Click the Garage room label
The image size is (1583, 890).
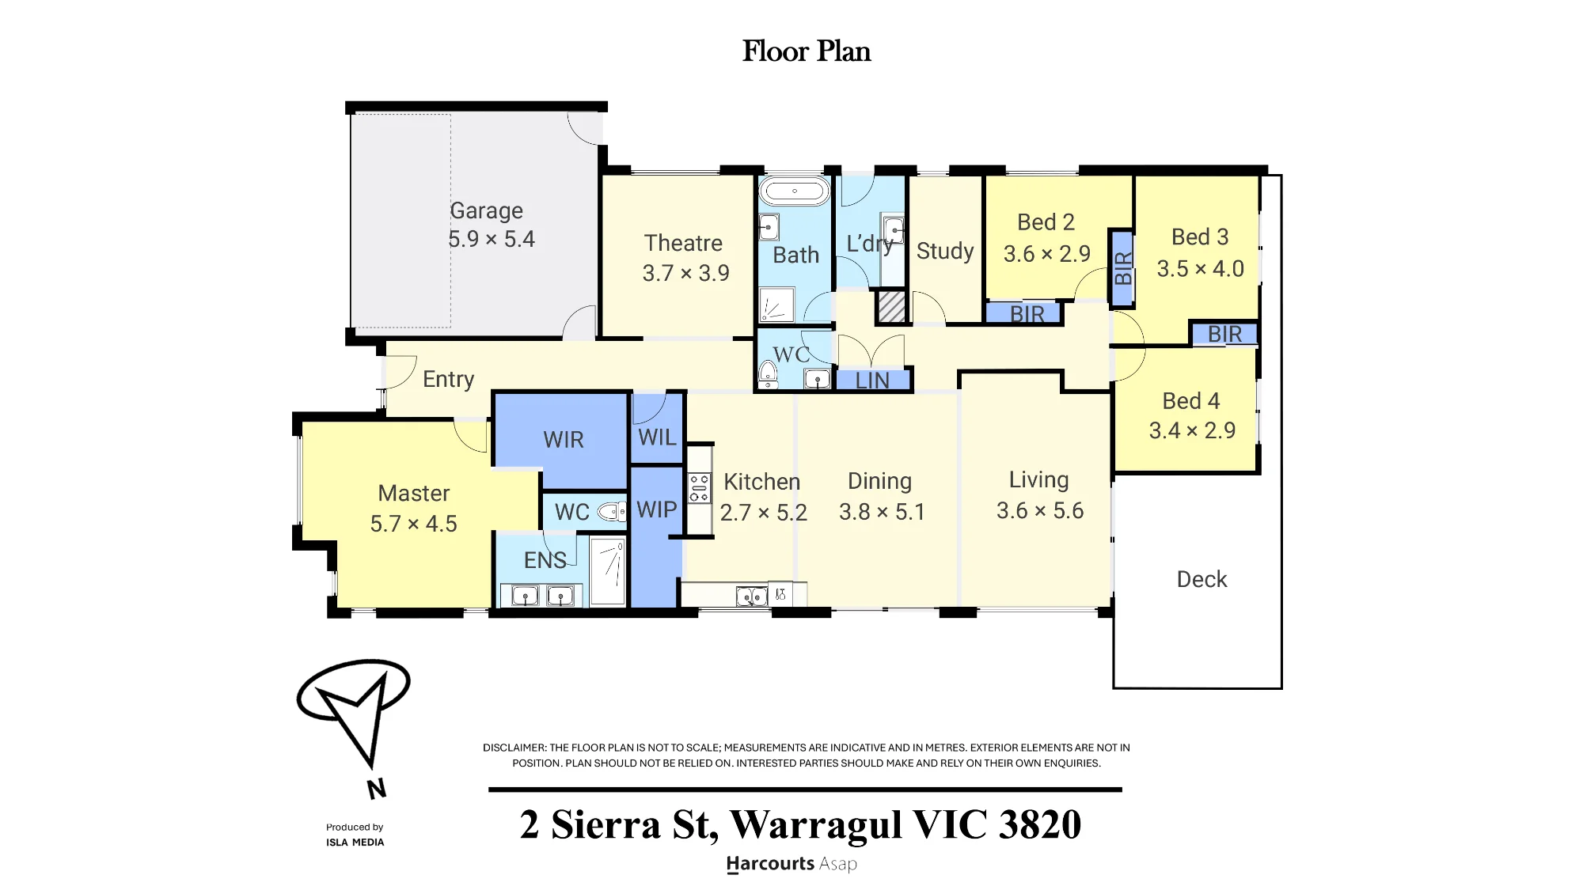click(486, 210)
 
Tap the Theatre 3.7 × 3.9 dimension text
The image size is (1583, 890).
click(685, 273)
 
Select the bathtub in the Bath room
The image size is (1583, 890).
click(795, 191)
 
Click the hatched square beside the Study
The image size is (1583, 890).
click(892, 307)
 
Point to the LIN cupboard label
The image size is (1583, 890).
click(872, 381)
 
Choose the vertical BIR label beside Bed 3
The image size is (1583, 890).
click(1123, 268)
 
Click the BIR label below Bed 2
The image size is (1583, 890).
click(1027, 314)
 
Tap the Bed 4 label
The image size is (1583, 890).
click(1191, 401)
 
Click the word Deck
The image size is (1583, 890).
click(1201, 579)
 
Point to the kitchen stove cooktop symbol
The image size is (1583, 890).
click(699, 488)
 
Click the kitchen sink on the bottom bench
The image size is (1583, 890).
click(751, 596)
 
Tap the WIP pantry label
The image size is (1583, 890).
click(657, 509)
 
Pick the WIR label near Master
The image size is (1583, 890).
click(564, 440)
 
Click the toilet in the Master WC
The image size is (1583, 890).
click(611, 512)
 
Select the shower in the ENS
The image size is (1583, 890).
click(608, 571)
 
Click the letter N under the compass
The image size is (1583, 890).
click(377, 788)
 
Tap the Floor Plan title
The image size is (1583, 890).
click(807, 51)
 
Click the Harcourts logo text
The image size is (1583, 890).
click(791, 864)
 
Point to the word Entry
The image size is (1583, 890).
click(448, 380)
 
